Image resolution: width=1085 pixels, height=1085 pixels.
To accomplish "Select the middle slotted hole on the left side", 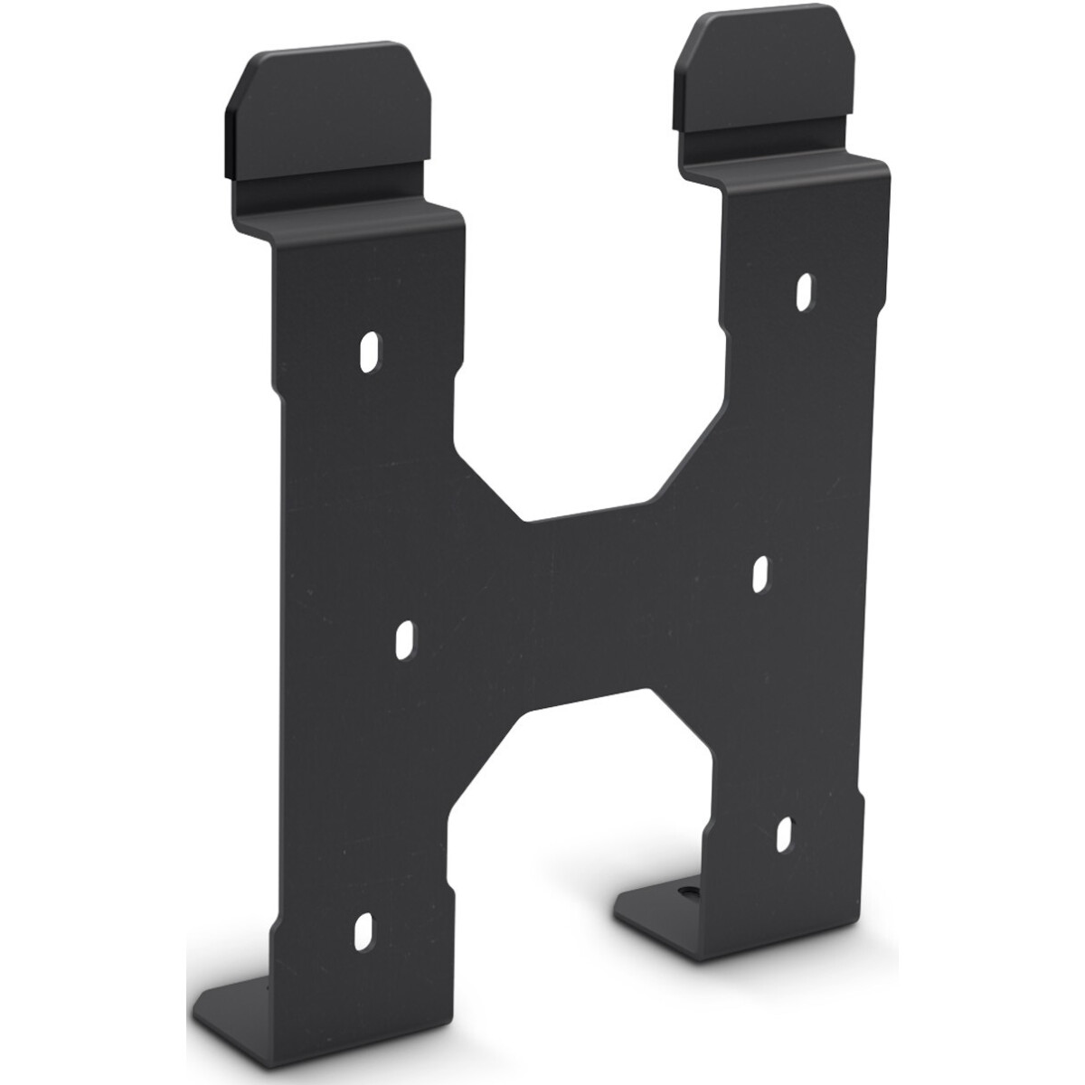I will coord(406,638).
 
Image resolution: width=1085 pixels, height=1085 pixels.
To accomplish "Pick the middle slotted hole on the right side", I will coord(761,573).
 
